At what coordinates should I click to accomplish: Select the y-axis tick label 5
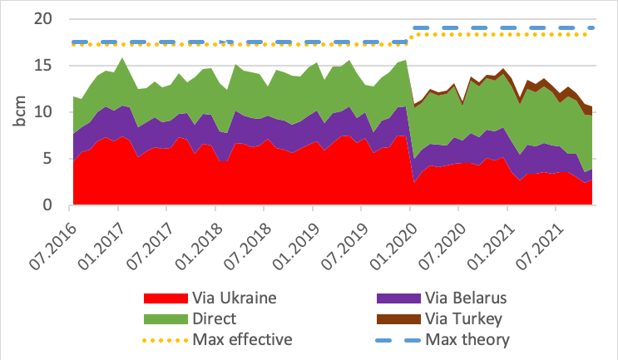point(55,159)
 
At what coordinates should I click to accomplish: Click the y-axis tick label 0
point(55,205)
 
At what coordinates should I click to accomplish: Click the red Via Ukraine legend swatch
point(164,299)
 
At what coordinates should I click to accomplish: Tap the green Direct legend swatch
point(164,319)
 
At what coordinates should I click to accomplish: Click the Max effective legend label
point(242,339)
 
